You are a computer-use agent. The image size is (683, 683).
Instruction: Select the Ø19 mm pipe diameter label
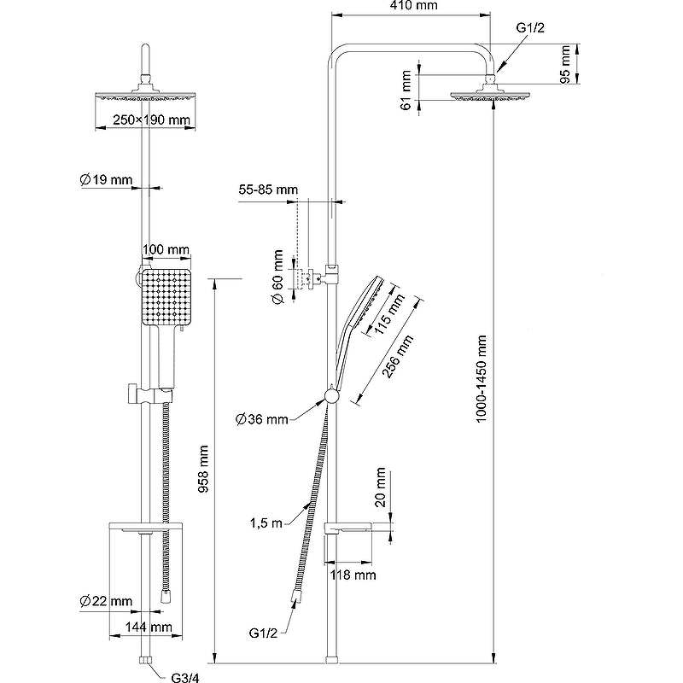pyautogui.click(x=107, y=179)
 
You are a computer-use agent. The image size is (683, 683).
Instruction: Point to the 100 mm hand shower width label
pyautogui.click(x=166, y=249)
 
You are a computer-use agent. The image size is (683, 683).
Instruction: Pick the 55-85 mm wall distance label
pyautogui.click(x=269, y=189)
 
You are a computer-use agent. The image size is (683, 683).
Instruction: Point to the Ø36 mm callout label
pyautogui.click(x=262, y=418)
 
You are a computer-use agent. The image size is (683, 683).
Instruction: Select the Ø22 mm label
pyautogui.click(x=107, y=602)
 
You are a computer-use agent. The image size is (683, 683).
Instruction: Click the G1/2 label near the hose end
pyautogui.click(x=265, y=633)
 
